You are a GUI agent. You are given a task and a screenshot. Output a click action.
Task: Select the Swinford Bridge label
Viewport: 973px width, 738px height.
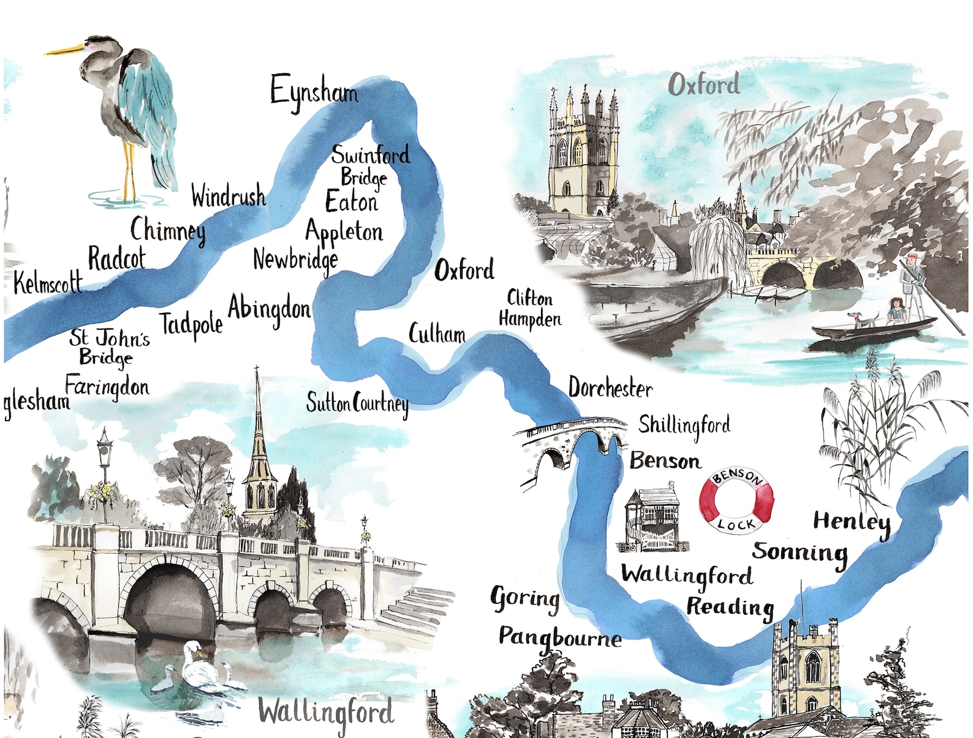pyautogui.click(x=369, y=165)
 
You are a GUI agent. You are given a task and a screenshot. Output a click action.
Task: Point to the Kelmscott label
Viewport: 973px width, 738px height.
pyautogui.click(x=48, y=283)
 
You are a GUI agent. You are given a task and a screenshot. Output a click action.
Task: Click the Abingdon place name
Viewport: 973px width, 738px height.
pyautogui.click(x=269, y=309)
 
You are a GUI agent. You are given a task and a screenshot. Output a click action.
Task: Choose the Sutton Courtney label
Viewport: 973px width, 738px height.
pyautogui.click(x=357, y=404)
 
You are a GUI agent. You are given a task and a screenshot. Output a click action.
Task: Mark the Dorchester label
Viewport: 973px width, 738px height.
pyautogui.click(x=610, y=388)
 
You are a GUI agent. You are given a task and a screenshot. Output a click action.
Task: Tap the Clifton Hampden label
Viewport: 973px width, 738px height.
pyautogui.click(x=529, y=309)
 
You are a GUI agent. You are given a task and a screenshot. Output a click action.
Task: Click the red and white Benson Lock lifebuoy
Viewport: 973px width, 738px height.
pyautogui.click(x=736, y=500)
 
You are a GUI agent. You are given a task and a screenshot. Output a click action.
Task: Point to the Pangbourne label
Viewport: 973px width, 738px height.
pyautogui.click(x=559, y=638)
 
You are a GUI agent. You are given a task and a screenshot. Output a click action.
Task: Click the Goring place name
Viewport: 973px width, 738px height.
pyautogui.click(x=525, y=598)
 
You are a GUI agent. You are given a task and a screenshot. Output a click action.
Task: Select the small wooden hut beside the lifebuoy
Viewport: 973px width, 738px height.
pyautogui.click(x=653, y=517)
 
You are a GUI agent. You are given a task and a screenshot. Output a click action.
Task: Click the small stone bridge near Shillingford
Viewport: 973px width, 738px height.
pyautogui.click(x=570, y=445)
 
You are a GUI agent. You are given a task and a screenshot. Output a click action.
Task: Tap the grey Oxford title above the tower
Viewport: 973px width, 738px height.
pyautogui.click(x=703, y=85)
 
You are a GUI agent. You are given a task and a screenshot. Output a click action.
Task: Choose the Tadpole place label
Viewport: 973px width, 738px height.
pyautogui.click(x=191, y=324)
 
